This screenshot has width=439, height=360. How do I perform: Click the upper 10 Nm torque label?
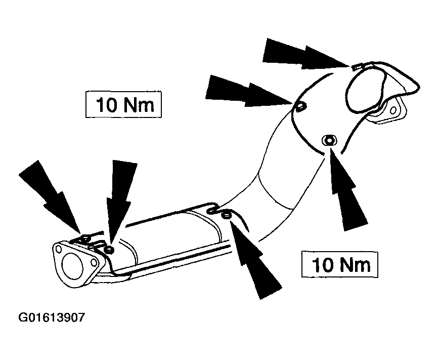point(123,104)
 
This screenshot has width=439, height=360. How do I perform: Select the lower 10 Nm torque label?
point(339,264)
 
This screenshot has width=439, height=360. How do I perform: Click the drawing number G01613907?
point(51,317)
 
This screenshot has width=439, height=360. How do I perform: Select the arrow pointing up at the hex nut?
point(346,191)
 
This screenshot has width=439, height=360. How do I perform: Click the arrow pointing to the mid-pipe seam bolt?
point(253,257)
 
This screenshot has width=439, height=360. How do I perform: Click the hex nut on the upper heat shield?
point(329,140)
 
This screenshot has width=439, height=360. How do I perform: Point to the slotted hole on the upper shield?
point(301,106)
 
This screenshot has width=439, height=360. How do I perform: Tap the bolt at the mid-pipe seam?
point(226,216)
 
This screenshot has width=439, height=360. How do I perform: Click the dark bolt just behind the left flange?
point(109,250)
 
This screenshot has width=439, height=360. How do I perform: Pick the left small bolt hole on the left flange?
point(59,249)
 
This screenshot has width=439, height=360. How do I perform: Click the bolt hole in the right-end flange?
point(393,110)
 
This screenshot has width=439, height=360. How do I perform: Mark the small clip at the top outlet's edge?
point(356,67)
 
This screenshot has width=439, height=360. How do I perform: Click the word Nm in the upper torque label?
point(139,105)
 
